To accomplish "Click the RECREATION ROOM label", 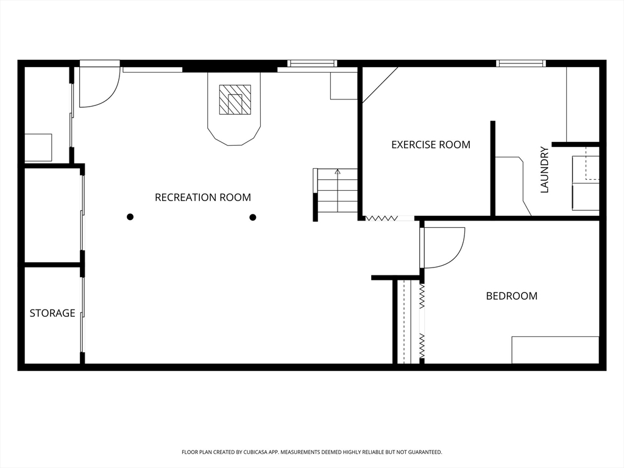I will [203, 197].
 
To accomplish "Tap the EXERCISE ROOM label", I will [430, 145].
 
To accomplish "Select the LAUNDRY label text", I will [545, 169].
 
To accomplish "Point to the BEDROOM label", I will [511, 296].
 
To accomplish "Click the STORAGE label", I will [52, 313].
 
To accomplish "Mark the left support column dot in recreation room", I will [130, 217].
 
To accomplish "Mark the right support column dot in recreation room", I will [253, 217].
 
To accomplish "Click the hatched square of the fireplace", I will [235, 99].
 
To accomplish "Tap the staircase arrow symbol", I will [338, 172].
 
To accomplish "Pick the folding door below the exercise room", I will [381, 218].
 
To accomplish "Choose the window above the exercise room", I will [520, 63].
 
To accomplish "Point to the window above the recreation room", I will [312, 63].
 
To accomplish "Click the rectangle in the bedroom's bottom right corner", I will [555, 350].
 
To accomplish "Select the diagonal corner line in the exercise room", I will [380, 84].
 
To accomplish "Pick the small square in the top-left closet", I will [38, 147].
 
